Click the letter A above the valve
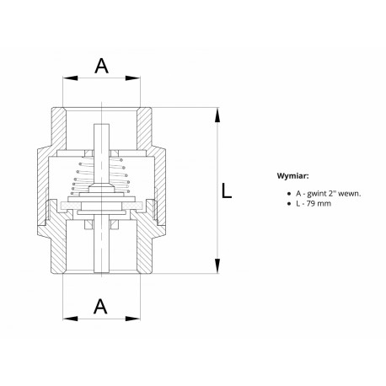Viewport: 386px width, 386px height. coord(101,66)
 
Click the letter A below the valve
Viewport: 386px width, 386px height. coord(100,306)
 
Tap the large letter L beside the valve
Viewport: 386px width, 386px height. coord(227,190)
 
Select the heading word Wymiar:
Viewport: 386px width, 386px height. coord(292,176)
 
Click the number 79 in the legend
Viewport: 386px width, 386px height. coord(311,203)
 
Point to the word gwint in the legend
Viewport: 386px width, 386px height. coord(316,194)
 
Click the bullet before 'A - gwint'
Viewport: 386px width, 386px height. coord(288,194)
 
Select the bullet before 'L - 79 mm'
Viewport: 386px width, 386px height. coord(288,204)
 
